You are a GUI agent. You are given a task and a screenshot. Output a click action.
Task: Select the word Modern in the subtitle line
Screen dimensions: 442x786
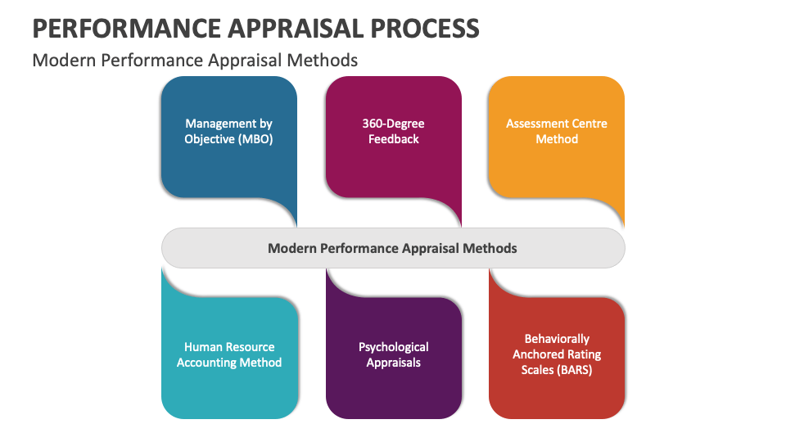60,60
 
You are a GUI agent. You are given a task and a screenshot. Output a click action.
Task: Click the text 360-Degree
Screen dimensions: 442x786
393,124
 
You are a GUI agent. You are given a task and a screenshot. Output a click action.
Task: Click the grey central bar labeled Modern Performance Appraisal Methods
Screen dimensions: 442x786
393,248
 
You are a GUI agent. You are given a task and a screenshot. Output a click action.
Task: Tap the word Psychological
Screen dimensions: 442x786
393,347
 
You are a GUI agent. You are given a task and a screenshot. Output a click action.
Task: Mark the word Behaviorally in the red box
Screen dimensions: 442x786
557,339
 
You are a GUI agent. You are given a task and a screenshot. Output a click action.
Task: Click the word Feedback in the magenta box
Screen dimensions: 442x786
393,139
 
